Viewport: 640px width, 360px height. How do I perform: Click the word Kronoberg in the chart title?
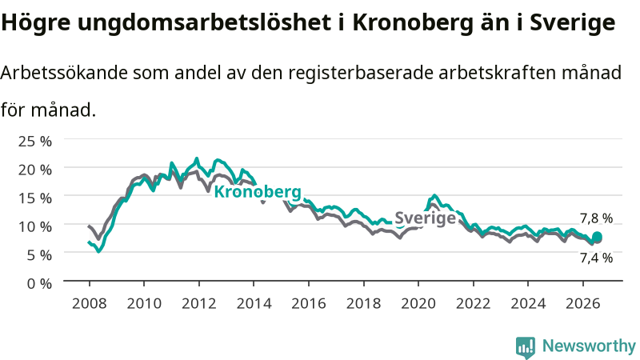point(412,23)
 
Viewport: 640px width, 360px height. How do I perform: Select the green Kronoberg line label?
point(258,191)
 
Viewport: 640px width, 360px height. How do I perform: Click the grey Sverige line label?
point(425,218)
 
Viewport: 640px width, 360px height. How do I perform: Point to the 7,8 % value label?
point(596,218)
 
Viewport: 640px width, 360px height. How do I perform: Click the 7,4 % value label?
point(596,258)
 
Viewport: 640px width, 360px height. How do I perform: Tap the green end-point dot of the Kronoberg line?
point(597,237)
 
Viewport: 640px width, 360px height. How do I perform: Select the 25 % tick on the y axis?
point(35,142)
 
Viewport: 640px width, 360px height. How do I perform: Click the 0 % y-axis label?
point(39,283)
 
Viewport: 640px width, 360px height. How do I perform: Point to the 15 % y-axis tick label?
point(35,198)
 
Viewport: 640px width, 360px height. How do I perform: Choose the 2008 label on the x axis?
point(90,304)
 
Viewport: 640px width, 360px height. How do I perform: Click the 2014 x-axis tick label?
point(254,304)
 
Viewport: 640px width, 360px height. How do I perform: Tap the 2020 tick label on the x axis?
point(418,304)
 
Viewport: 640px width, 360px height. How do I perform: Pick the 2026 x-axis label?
point(583,304)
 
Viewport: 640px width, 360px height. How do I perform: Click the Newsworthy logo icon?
point(526,347)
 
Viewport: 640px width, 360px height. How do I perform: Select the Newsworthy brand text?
point(589,346)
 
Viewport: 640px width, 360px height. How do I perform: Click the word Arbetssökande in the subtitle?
point(64,73)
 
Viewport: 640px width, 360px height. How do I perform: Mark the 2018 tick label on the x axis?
point(364,304)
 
